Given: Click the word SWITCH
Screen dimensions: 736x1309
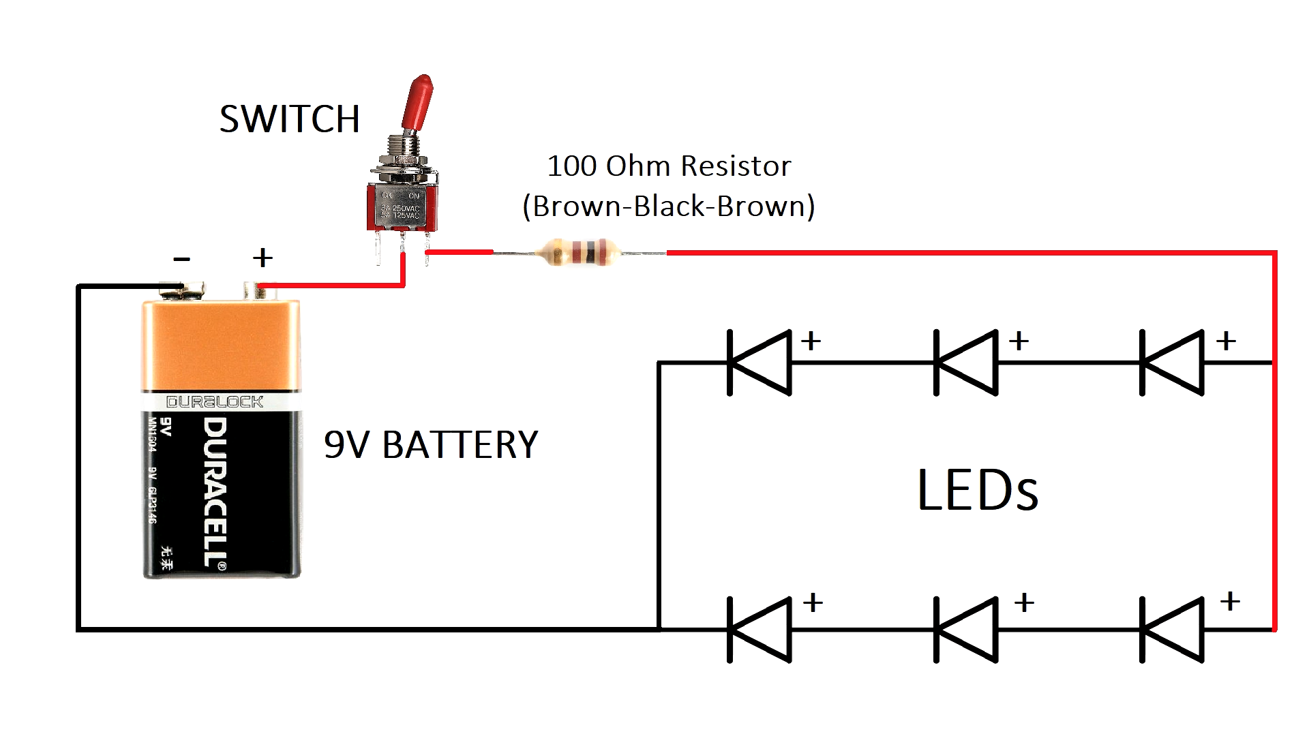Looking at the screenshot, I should pyautogui.click(x=290, y=119).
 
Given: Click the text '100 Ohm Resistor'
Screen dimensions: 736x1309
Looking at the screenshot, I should pyautogui.click(x=669, y=166).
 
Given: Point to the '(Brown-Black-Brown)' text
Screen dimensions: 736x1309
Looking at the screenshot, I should pyautogui.click(x=669, y=206).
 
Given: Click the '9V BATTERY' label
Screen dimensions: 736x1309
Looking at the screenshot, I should pyautogui.click(x=431, y=444).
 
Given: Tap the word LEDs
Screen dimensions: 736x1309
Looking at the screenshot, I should pyautogui.click(x=978, y=490).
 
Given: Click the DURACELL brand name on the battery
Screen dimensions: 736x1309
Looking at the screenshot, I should pyautogui.click(x=215, y=492).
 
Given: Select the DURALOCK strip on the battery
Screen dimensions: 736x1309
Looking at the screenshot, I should pyautogui.click(x=215, y=402).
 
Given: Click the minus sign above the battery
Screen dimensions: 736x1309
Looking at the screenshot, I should pyautogui.click(x=181, y=259).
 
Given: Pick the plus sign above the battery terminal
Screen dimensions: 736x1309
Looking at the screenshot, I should pyautogui.click(x=262, y=258).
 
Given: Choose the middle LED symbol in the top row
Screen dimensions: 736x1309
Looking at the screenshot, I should pyautogui.click(x=966, y=363).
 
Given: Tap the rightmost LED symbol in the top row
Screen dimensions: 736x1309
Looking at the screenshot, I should pyautogui.click(x=1172, y=363).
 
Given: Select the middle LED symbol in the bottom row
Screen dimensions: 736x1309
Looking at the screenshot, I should pyautogui.click(x=966, y=629).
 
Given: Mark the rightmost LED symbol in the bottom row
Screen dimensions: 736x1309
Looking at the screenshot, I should pyautogui.click(x=1172, y=629).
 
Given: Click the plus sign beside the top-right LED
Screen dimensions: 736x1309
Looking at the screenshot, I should pyautogui.click(x=1226, y=340).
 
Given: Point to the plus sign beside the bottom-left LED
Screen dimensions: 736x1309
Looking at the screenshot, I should pyautogui.click(x=813, y=602).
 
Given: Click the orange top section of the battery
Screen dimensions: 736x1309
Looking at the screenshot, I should pyautogui.click(x=221, y=344).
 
